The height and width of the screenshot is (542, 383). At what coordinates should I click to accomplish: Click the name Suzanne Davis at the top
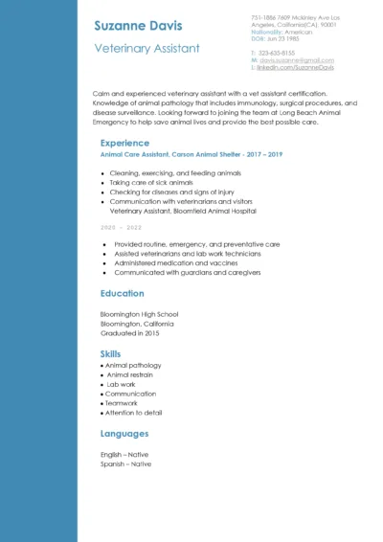pyautogui.click(x=138, y=25)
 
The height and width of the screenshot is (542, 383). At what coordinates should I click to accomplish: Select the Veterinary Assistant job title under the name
pyautogui.click(x=146, y=48)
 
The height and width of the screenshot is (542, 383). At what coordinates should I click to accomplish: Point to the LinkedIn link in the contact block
pyautogui.click(x=295, y=68)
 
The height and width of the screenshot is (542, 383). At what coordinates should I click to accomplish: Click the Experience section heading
pyautogui.click(x=124, y=142)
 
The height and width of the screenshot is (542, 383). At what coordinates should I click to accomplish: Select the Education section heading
pyautogui.click(x=123, y=294)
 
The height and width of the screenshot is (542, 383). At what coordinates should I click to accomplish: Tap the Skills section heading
pyautogui.click(x=111, y=354)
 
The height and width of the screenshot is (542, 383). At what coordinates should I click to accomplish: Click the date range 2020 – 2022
pyautogui.click(x=122, y=227)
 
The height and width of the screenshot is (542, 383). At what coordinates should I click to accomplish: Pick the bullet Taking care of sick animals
pyautogui.click(x=150, y=182)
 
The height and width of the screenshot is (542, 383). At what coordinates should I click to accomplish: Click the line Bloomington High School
pyautogui.click(x=139, y=314)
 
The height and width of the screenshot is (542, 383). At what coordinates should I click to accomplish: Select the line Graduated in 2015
pyautogui.click(x=130, y=333)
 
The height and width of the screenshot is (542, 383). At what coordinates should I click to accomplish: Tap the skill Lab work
pyautogui.click(x=122, y=384)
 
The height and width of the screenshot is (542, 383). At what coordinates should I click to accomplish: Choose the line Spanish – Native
pyautogui.click(x=126, y=463)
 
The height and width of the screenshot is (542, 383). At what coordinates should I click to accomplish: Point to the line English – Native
pyautogui.click(x=124, y=454)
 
